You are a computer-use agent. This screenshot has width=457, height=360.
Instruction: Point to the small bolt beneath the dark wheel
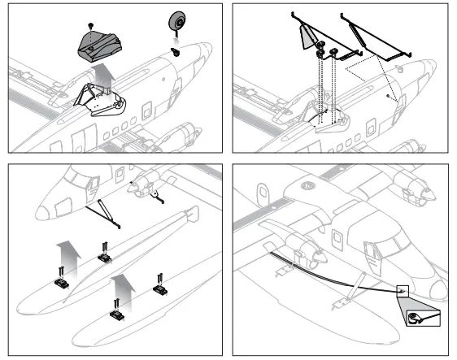tap(175, 50)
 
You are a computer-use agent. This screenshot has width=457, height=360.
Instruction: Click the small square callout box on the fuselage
tap(402, 288)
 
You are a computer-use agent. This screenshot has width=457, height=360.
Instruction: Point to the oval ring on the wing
tap(263, 196)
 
